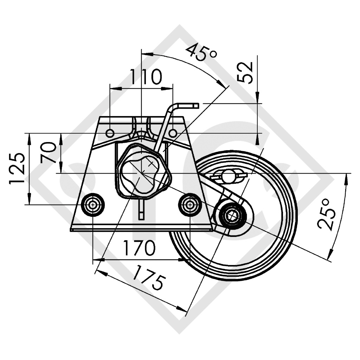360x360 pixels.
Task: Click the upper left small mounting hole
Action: coord(110,133)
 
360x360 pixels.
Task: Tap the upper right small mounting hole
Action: coord(173,133)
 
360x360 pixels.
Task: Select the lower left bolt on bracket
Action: coord(92,205)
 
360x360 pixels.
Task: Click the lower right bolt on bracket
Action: coord(190,205)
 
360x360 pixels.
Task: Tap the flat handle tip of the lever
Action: coord(189,105)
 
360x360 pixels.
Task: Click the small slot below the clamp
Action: coord(141,211)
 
